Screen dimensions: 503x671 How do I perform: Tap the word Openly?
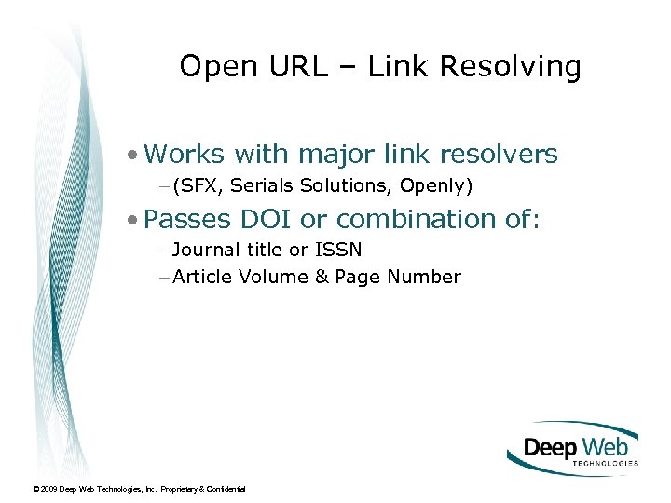pos(436,186)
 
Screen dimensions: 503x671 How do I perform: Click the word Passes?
pos(188,219)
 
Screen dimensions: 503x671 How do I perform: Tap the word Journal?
pos(207,250)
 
